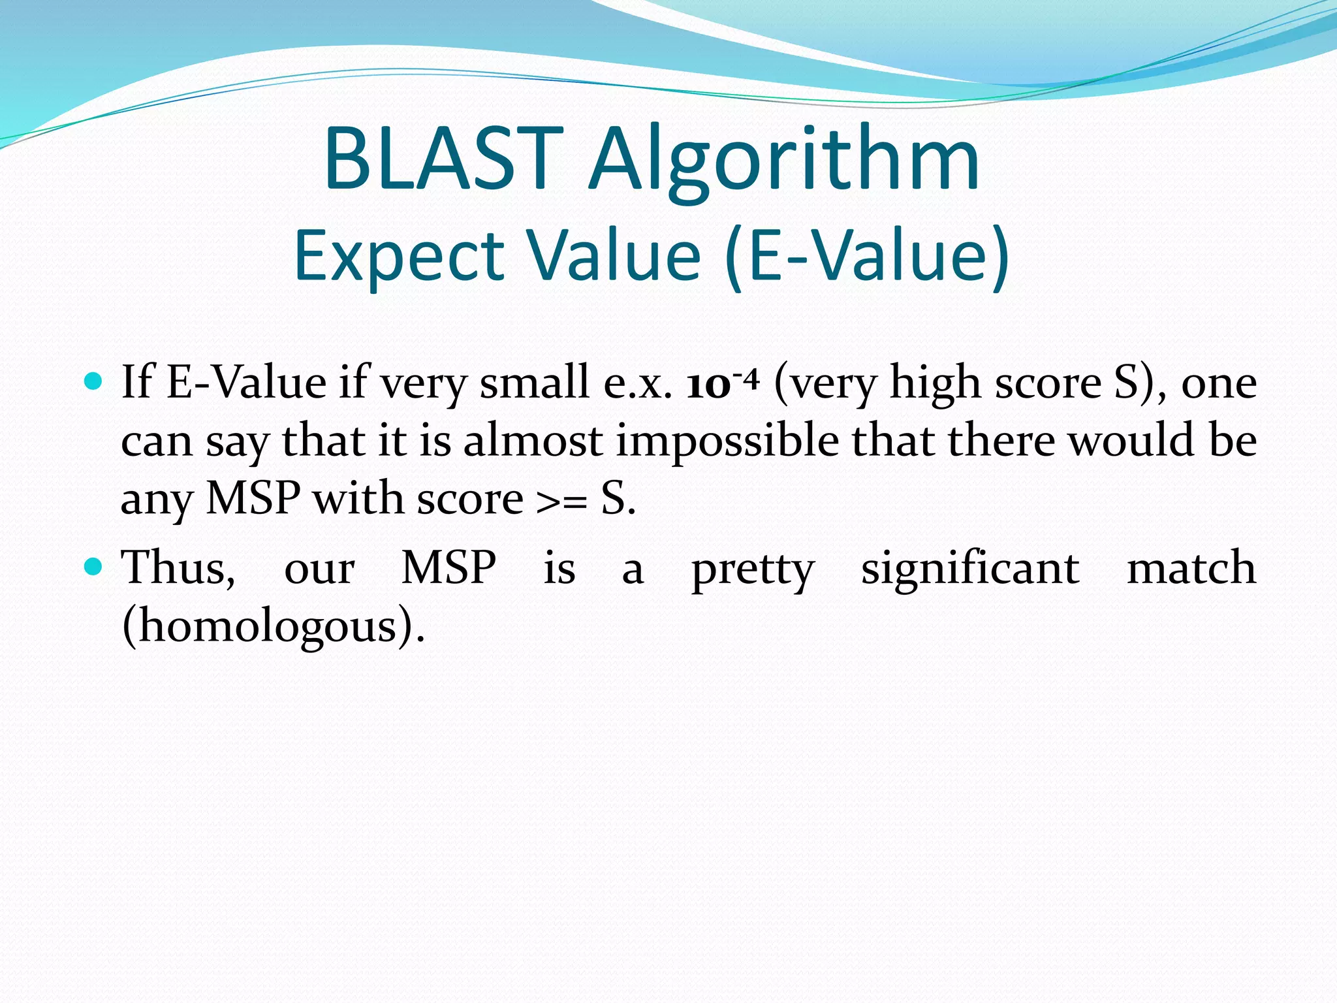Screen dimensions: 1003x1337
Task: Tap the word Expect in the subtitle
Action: pos(399,256)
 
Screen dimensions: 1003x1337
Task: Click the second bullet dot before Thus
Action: pos(94,566)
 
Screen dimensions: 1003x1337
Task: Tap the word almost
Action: pos(532,441)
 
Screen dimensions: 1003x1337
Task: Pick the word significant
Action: pos(970,568)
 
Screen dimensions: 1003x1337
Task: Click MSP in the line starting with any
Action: pos(253,499)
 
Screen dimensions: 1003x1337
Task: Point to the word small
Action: pos(534,382)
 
